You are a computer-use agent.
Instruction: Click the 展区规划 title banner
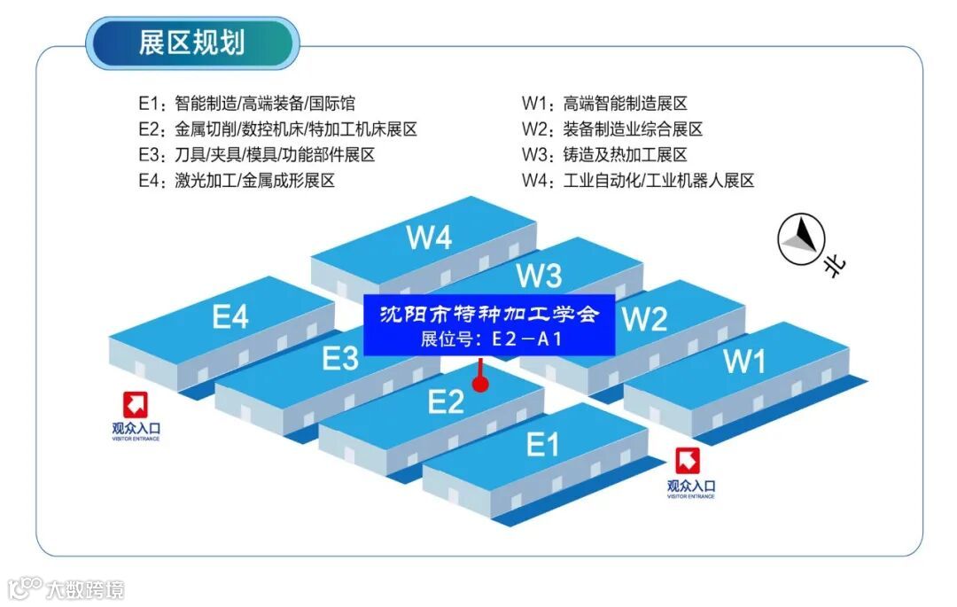click(x=192, y=43)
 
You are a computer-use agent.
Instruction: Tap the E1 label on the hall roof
click(x=542, y=444)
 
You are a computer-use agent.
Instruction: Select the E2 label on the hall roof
click(x=446, y=402)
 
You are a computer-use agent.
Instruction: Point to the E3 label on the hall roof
click(x=340, y=359)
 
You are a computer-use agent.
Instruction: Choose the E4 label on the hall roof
click(x=230, y=316)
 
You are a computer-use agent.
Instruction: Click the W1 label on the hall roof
click(x=744, y=361)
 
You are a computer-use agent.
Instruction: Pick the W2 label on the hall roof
click(x=645, y=319)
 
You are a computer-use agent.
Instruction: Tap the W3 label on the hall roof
click(x=539, y=276)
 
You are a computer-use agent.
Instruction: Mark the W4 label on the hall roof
click(x=430, y=237)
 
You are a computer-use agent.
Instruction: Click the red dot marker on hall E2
click(x=480, y=385)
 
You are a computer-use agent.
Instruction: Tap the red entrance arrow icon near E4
click(x=136, y=406)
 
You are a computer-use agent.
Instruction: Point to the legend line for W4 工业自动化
click(x=638, y=181)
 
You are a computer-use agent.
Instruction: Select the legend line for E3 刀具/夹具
click(x=257, y=155)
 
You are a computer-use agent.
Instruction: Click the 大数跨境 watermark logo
click(x=66, y=588)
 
